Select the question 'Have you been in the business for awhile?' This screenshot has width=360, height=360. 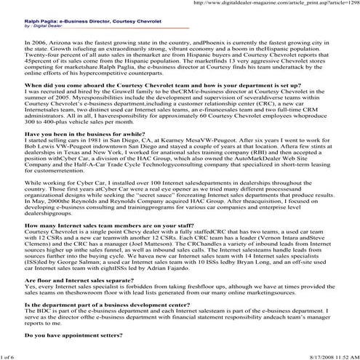pos(73,135)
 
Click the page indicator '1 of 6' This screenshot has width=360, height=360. pos(8,356)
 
